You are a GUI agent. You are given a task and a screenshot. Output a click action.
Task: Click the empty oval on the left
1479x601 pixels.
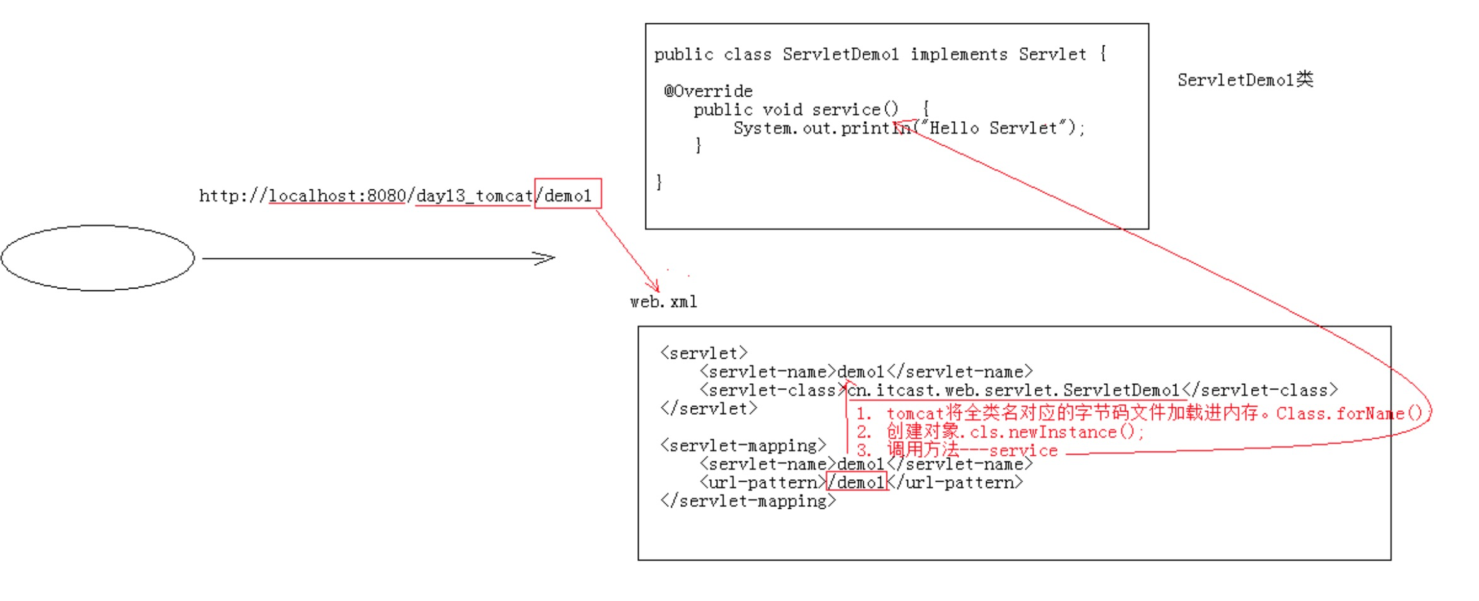(98, 258)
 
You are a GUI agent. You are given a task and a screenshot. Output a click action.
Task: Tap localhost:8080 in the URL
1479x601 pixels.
(337, 196)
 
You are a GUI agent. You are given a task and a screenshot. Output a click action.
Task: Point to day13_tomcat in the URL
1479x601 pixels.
(474, 196)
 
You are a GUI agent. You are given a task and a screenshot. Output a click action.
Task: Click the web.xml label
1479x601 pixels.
(663, 302)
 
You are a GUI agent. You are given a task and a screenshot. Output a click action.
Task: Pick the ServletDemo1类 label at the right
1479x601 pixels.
(1245, 80)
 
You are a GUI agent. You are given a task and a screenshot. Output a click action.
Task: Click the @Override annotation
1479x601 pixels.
(708, 91)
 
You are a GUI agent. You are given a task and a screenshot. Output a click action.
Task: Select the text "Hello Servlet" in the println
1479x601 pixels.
(993, 128)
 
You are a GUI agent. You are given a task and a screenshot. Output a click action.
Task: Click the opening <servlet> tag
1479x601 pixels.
(704, 353)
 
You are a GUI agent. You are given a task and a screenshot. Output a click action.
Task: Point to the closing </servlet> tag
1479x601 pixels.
(708, 408)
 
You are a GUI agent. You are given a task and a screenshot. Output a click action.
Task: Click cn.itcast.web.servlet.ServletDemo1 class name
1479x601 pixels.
(1013, 390)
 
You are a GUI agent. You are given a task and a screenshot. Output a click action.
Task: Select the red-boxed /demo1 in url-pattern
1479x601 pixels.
(857, 482)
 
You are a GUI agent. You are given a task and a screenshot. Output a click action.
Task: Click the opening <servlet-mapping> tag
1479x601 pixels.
(743, 446)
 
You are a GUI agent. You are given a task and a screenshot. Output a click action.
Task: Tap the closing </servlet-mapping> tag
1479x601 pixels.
(748, 501)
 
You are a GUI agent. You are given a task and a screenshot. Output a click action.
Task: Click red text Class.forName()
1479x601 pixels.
(1348, 414)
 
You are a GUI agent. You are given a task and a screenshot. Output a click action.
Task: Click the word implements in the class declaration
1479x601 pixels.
(958, 54)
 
